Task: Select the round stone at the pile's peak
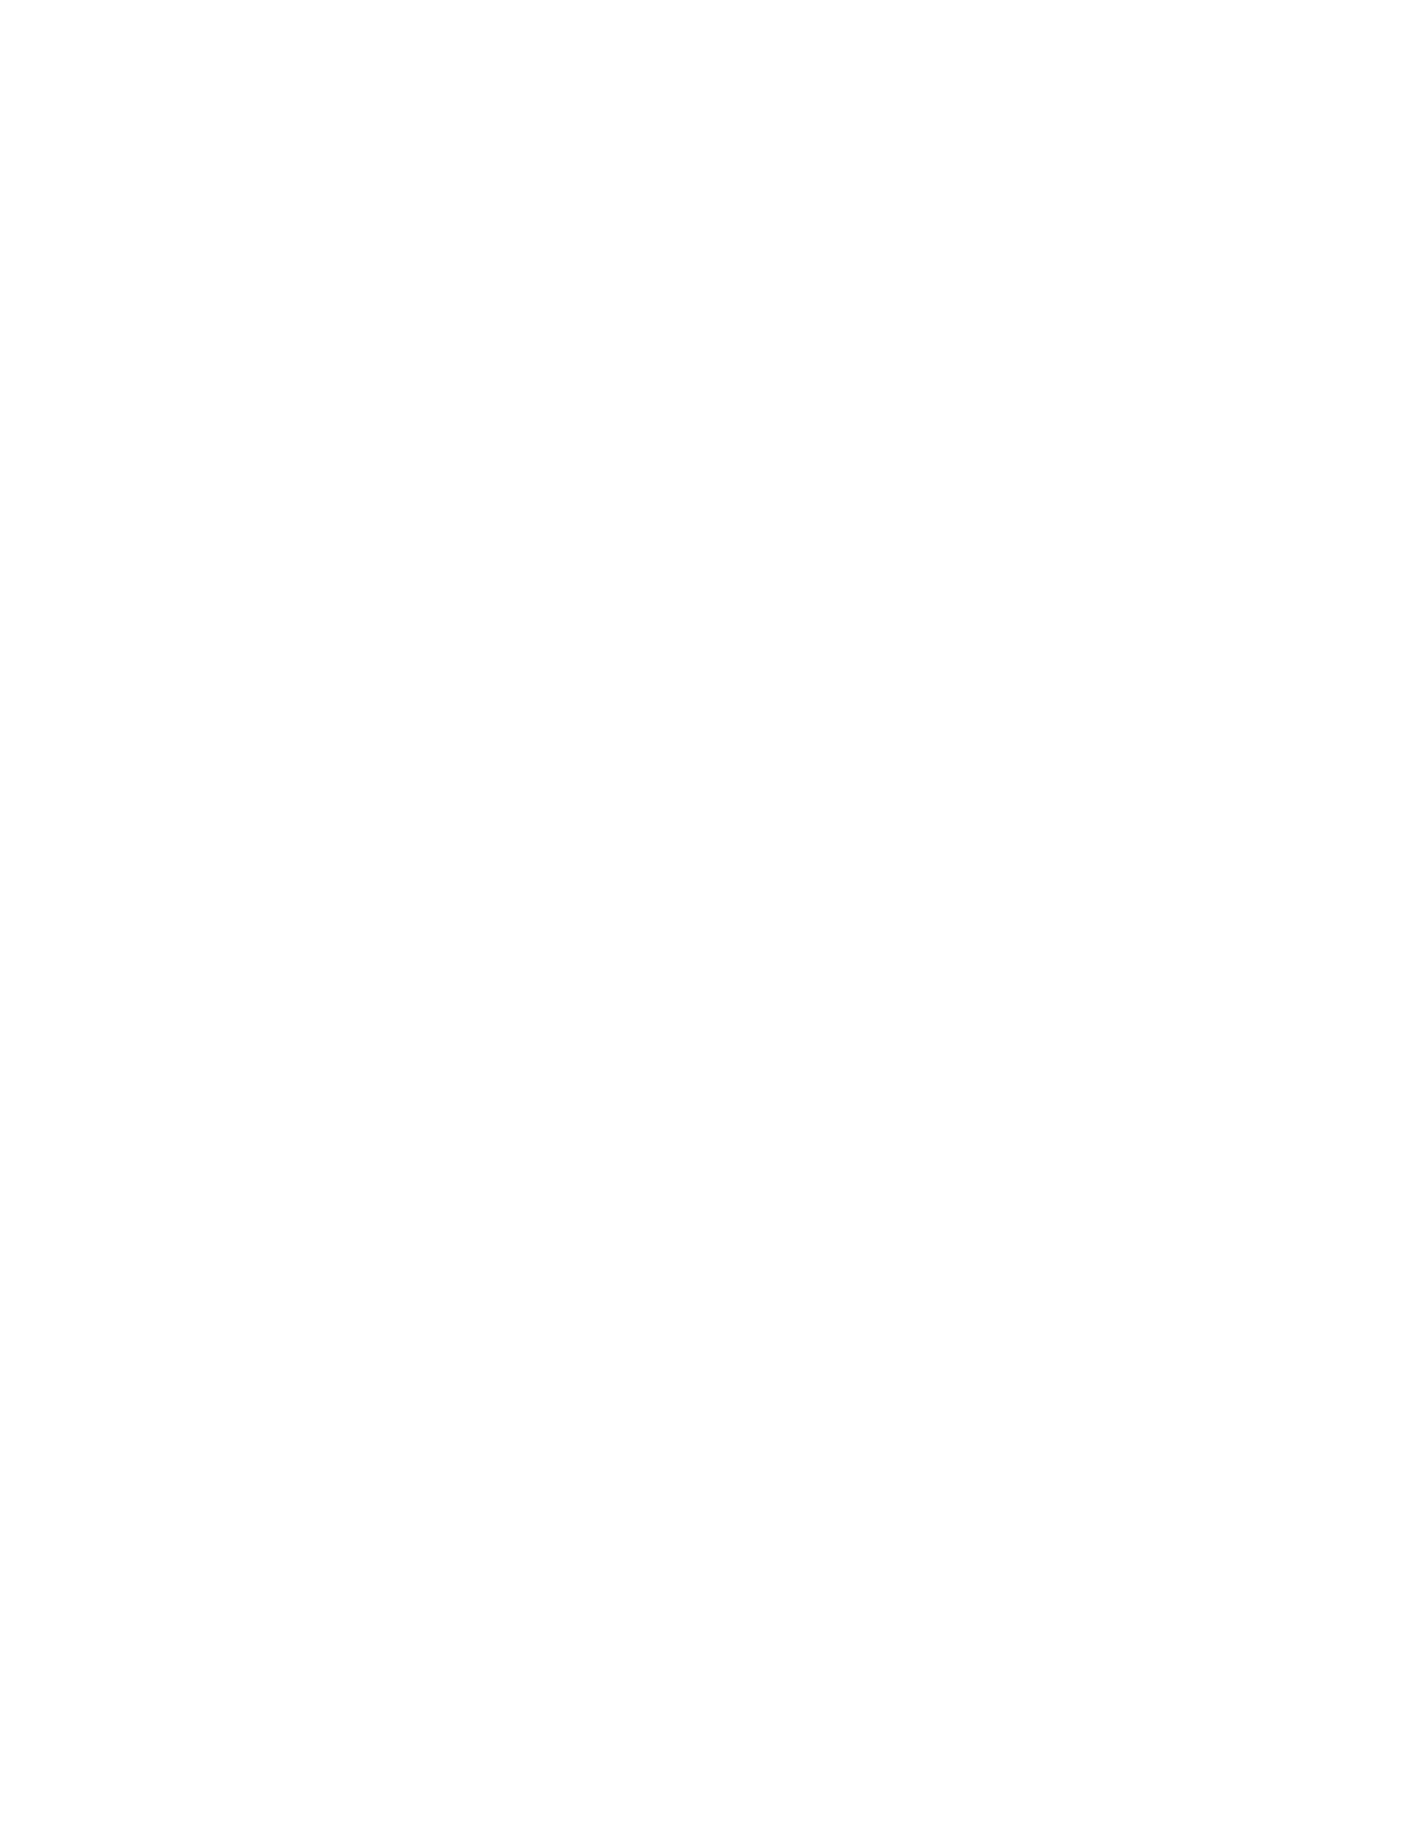point(723,605)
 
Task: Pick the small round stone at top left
point(534,629)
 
